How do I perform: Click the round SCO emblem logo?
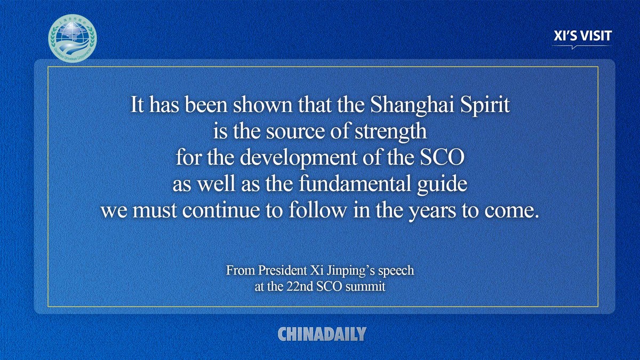click(x=73, y=38)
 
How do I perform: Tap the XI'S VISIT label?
click(x=583, y=36)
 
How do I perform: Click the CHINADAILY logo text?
click(x=322, y=334)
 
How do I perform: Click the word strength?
click(x=390, y=132)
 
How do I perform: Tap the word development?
click(x=298, y=158)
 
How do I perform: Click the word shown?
click(x=262, y=105)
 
